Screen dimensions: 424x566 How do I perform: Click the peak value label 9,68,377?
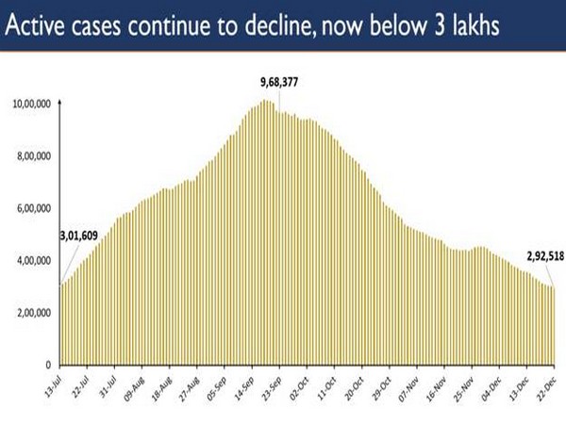tap(274, 82)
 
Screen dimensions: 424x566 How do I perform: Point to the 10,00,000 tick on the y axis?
tap(32, 104)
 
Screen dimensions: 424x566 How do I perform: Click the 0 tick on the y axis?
tap(45, 365)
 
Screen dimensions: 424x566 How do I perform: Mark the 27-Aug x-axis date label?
tap(192, 385)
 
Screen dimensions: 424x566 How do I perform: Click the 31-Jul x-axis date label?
tap(111, 385)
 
